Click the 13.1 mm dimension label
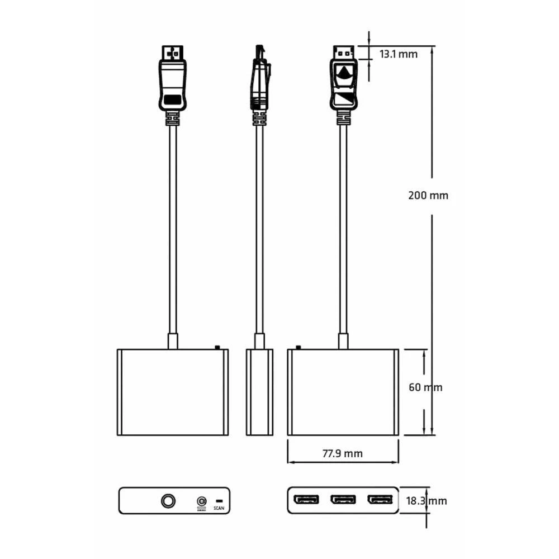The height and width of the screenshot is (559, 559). click(x=399, y=54)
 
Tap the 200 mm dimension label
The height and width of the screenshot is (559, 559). click(x=428, y=196)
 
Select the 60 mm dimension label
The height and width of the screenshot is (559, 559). click(x=425, y=387)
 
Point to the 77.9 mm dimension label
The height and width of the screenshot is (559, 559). click(x=343, y=453)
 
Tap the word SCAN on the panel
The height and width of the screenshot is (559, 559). click(x=219, y=509)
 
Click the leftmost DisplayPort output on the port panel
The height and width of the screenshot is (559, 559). click(x=307, y=499)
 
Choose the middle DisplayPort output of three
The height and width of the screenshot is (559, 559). click(x=343, y=499)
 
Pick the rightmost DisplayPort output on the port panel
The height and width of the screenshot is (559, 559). click(x=380, y=499)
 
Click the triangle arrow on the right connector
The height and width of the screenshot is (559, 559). click(x=343, y=72)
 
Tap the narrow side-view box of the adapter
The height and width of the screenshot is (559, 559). click(x=259, y=392)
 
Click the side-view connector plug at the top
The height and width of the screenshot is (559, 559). click(x=259, y=78)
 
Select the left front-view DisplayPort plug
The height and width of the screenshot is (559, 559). click(x=173, y=78)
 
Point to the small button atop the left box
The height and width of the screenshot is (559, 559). click(x=217, y=347)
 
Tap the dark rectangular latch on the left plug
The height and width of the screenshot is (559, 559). click(x=173, y=101)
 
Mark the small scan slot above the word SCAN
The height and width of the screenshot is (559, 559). click(x=219, y=500)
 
